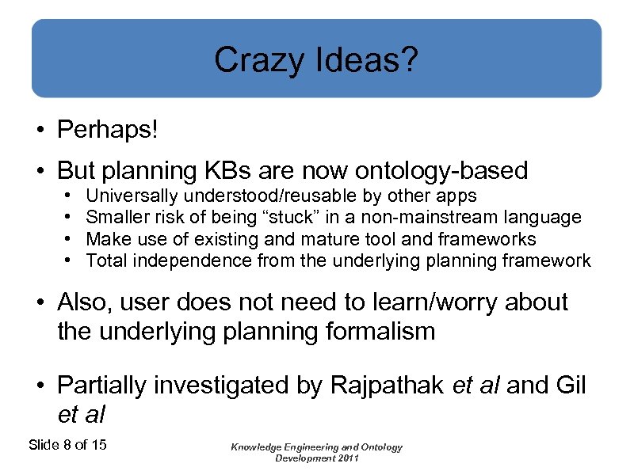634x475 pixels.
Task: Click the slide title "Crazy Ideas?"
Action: [x=316, y=60]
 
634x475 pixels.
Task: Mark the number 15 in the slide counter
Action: [x=98, y=445]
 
